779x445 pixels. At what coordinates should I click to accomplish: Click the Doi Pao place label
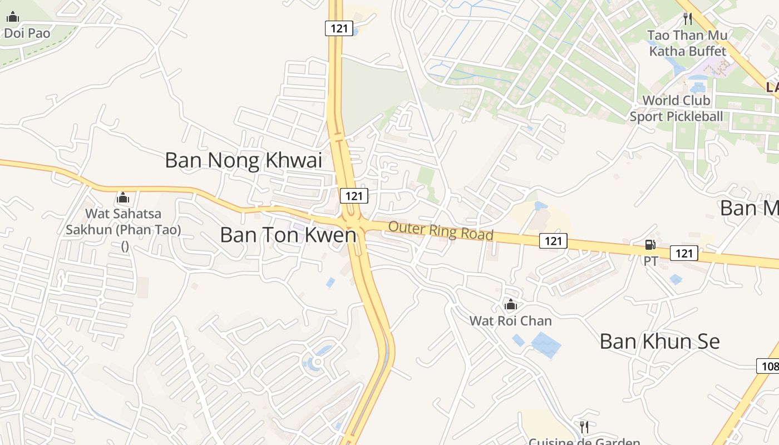tap(27, 33)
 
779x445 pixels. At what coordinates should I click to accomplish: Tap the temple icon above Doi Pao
tap(12, 17)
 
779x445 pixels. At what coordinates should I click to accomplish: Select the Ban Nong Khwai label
tap(244, 160)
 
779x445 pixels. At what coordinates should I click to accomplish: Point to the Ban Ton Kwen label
tap(288, 235)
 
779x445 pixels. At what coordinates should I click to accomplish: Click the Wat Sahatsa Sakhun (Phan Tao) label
tap(124, 221)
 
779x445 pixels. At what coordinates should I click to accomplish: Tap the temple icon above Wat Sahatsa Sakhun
tap(122, 197)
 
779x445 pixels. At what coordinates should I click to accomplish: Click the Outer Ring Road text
tap(441, 230)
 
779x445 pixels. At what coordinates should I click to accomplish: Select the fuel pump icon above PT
tap(650, 245)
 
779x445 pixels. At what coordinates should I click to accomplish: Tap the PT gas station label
tap(650, 260)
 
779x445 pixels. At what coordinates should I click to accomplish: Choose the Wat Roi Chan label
tap(510, 321)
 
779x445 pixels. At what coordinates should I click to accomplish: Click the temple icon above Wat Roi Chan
tap(510, 304)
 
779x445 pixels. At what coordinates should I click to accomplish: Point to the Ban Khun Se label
tap(659, 342)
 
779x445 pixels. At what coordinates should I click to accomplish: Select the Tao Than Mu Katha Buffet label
tap(688, 43)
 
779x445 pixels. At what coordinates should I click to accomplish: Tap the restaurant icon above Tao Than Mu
tap(688, 19)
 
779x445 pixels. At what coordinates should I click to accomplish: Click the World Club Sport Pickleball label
tap(676, 108)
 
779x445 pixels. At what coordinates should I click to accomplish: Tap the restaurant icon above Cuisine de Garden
tap(584, 427)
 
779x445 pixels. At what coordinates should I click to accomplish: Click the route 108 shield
tap(768, 366)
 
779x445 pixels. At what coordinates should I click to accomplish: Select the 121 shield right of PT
tap(684, 254)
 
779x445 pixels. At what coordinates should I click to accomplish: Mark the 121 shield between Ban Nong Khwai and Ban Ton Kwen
tap(354, 196)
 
